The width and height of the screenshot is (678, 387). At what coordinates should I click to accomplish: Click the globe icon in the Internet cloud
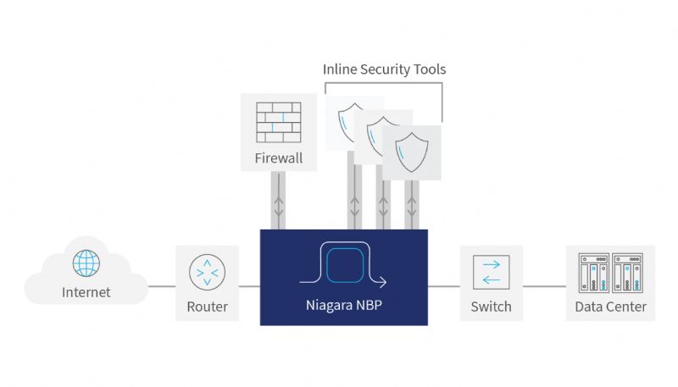click(86, 263)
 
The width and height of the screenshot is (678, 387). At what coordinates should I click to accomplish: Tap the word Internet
click(86, 292)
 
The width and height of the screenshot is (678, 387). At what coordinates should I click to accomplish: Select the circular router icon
click(207, 272)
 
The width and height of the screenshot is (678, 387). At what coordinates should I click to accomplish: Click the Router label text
click(207, 307)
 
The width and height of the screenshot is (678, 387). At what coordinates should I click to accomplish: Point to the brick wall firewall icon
click(279, 122)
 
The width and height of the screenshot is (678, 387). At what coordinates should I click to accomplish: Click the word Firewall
click(279, 158)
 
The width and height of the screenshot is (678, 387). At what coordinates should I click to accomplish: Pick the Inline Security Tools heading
click(385, 69)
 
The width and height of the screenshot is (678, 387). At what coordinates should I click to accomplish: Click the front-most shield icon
click(412, 152)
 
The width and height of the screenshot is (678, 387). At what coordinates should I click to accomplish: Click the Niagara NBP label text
click(344, 305)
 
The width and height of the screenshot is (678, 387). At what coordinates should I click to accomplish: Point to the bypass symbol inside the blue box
click(344, 264)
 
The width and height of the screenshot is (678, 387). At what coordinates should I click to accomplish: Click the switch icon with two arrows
click(492, 272)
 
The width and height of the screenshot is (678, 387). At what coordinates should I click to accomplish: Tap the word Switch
click(492, 307)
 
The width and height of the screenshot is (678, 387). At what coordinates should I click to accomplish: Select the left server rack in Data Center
click(594, 273)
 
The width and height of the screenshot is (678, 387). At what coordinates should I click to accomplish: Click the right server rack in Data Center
click(627, 273)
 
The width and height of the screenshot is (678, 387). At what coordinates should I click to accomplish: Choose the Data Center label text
click(610, 307)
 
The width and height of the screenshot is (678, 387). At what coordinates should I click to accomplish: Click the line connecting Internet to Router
click(162, 286)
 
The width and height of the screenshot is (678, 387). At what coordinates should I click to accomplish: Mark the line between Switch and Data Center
click(544, 286)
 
